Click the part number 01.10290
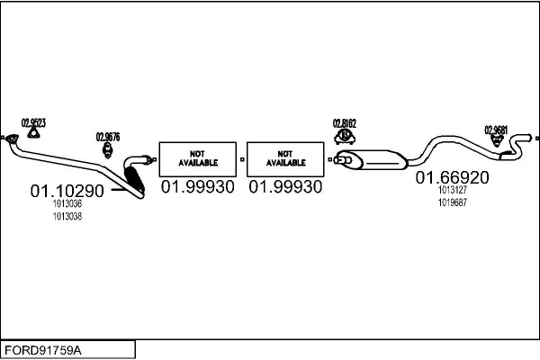[x=67, y=191]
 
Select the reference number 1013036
[x=67, y=204]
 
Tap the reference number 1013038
[x=67, y=216]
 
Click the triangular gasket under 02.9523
[x=33, y=134]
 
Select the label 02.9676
[x=108, y=137]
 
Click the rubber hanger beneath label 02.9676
[x=107, y=149]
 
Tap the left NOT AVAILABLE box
[x=197, y=157]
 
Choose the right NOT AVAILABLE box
[x=284, y=157]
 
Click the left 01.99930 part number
[x=197, y=186]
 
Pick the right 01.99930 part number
[x=284, y=186]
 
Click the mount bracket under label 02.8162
[x=345, y=136]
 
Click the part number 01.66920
[x=452, y=178]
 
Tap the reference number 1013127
[x=452, y=191]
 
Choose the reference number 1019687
[x=452, y=202]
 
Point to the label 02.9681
[x=496, y=129]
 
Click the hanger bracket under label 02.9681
[x=496, y=141]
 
